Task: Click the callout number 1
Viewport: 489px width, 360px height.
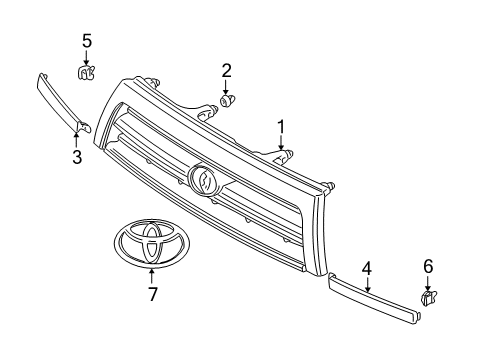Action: click(x=282, y=127)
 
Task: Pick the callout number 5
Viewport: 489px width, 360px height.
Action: click(x=87, y=40)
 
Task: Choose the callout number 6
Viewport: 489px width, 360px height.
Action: click(x=428, y=265)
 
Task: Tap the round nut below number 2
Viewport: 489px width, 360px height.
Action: click(x=228, y=100)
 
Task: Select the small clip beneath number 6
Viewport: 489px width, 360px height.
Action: click(x=429, y=297)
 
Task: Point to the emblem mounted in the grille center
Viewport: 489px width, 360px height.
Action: click(x=204, y=180)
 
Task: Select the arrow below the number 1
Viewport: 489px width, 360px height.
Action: click(x=282, y=143)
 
